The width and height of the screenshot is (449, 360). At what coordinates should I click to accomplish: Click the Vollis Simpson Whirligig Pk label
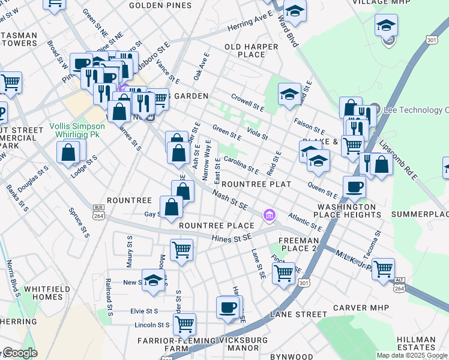pos(84,130)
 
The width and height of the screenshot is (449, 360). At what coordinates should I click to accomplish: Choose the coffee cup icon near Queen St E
pos(354,186)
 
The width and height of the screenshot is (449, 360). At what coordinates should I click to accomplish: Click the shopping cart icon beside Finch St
pos(283,272)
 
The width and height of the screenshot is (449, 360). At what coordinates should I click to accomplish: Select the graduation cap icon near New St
pos(154,280)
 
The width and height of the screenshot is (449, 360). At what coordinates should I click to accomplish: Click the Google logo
pos(20,353)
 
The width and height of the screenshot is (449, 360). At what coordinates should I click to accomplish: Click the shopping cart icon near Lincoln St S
pos(184,323)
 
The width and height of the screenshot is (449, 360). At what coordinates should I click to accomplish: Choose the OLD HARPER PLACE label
pos(252,50)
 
